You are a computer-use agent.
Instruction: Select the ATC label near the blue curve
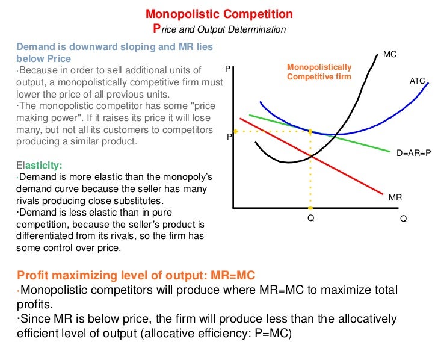[x=418, y=80]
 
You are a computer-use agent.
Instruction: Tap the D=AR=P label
[x=413, y=153]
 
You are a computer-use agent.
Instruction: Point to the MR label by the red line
[x=395, y=197]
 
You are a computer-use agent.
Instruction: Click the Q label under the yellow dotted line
[x=310, y=219]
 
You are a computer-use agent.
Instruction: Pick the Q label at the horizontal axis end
[x=403, y=219]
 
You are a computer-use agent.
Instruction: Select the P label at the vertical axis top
[x=228, y=69]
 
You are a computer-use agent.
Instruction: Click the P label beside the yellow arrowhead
[x=229, y=137]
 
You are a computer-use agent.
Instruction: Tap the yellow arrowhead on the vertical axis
[x=236, y=131]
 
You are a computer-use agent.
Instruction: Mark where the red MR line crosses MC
[x=310, y=156]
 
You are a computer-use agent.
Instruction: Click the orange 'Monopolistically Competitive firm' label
[x=319, y=72]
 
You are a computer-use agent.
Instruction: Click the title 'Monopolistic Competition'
[x=220, y=14]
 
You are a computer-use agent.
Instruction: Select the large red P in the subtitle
[x=158, y=28]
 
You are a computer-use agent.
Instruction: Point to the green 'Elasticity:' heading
[x=39, y=164]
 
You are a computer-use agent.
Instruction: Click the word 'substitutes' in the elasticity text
[x=155, y=200]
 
